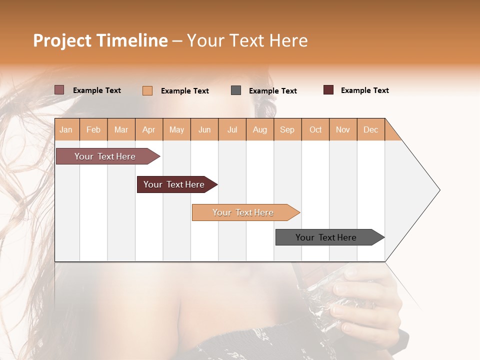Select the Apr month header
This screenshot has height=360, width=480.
149,129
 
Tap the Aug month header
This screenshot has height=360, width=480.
260,129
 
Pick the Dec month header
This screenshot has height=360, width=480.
371,129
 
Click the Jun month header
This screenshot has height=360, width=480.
204,129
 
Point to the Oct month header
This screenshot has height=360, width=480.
315,129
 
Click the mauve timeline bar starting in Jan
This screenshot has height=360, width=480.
105,156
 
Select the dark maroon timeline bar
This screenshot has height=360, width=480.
174,184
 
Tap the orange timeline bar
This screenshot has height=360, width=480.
243,212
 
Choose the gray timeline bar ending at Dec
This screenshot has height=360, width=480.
326,237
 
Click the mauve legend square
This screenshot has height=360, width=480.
59,90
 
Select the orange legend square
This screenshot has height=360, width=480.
147,90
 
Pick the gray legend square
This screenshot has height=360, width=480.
236,90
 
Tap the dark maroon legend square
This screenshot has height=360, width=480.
328,90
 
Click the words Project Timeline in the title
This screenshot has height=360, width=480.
100,40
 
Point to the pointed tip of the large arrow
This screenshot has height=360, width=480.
438,190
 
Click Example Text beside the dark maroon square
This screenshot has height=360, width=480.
364,90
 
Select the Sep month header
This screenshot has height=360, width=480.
287,129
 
